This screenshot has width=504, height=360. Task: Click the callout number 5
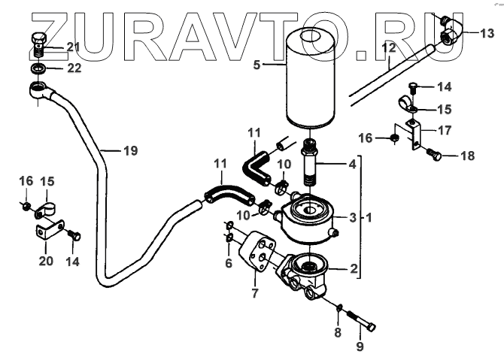257,65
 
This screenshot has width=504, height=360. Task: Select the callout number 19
130,150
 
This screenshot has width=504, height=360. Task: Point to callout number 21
72,47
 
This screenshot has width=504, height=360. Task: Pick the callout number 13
487,32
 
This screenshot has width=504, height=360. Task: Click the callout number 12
388,47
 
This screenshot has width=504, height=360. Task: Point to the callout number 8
338,331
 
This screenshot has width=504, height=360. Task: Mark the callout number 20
45,261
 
